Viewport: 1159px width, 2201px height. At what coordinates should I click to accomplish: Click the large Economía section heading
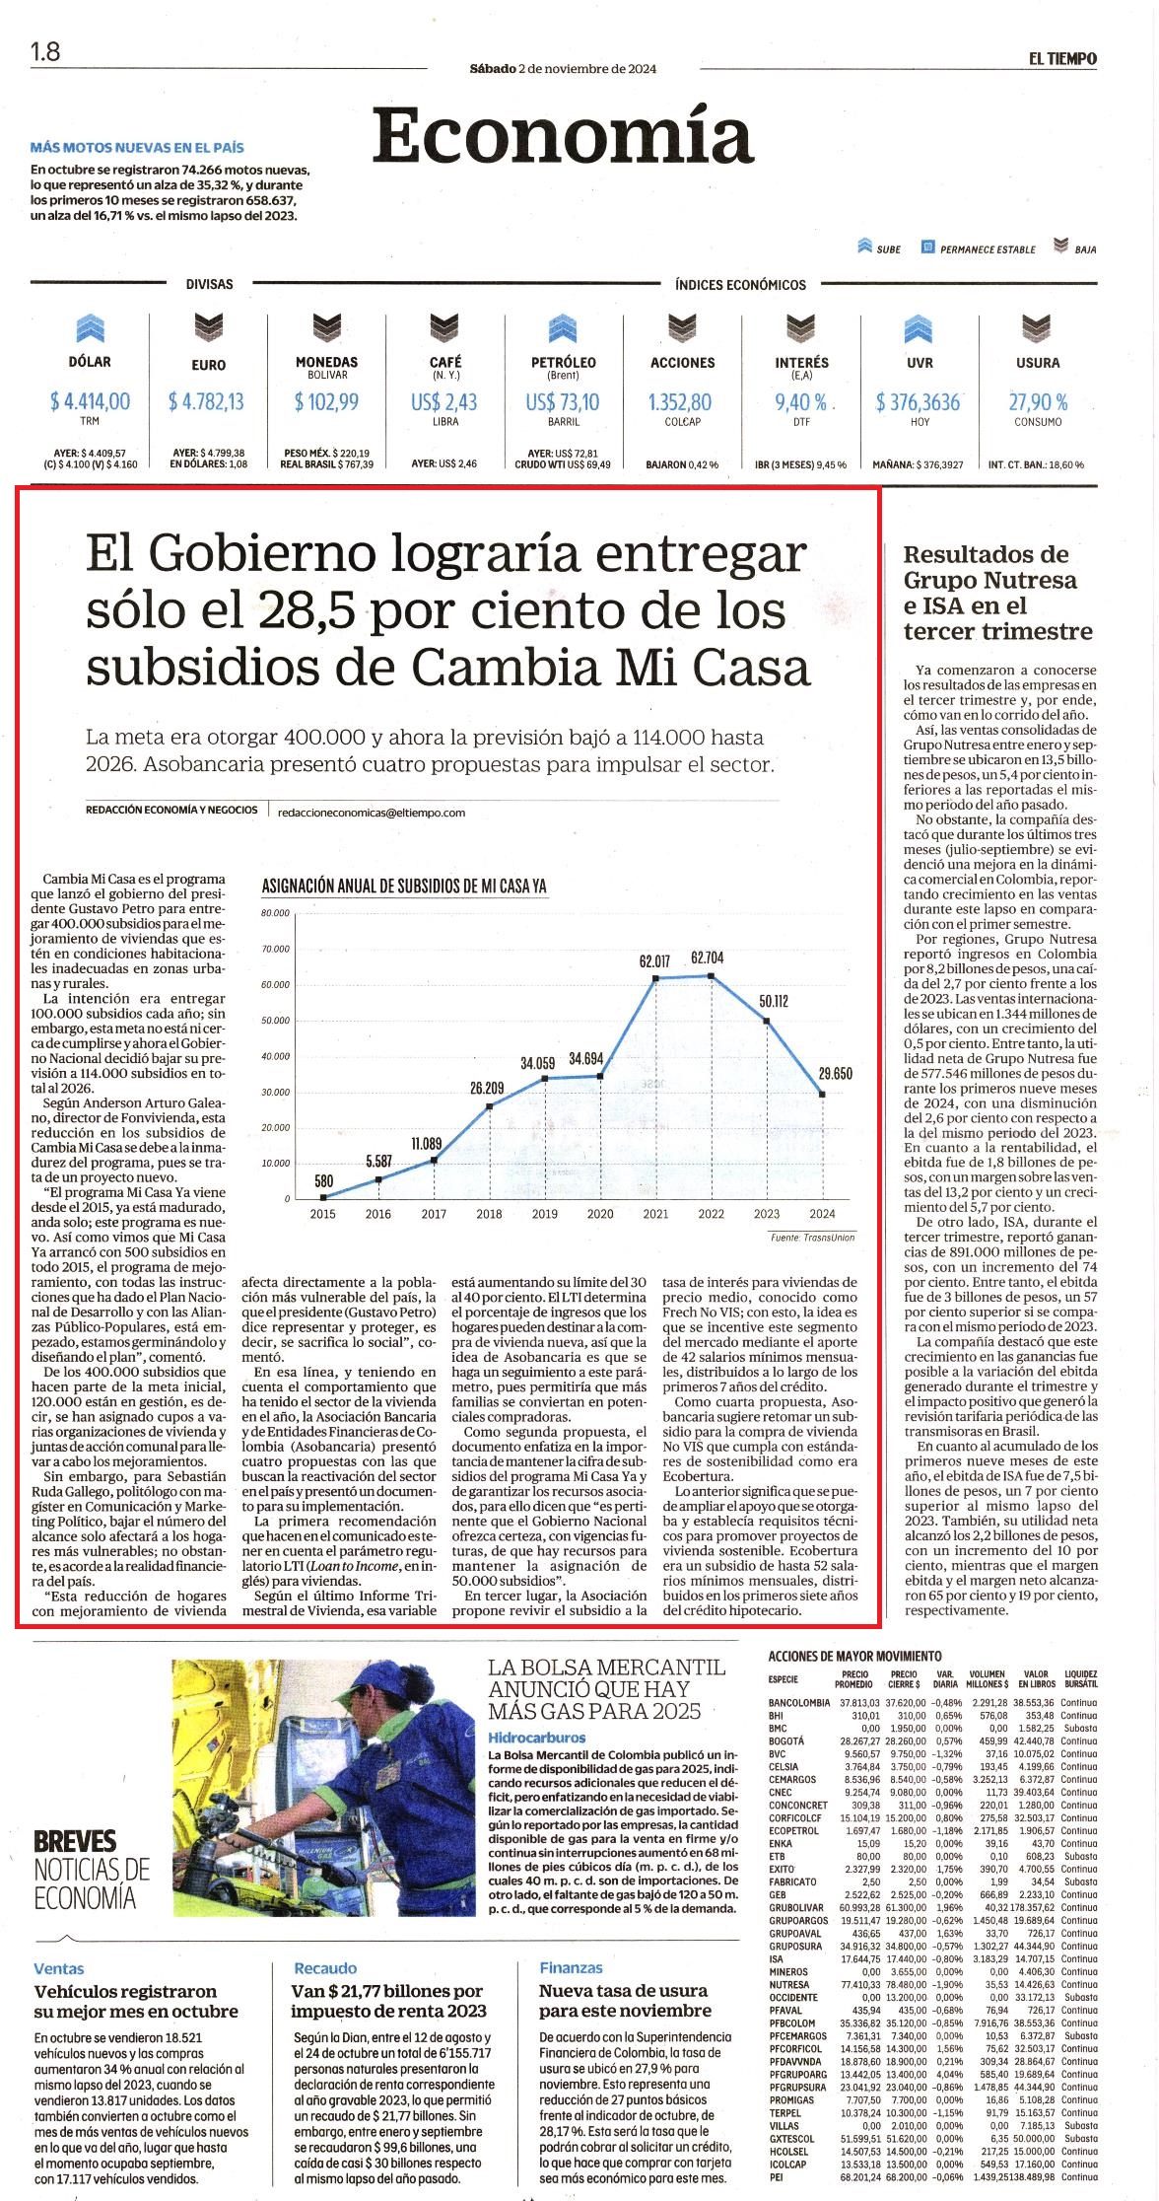563,137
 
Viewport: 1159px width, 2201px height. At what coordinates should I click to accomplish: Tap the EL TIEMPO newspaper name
1062,58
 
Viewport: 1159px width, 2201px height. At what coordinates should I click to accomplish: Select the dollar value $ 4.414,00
90,401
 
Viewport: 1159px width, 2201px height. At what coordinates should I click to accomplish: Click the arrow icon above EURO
208,326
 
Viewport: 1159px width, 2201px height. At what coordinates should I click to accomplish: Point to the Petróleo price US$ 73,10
562,402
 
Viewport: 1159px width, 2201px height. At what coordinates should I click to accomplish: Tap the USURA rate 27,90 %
1038,402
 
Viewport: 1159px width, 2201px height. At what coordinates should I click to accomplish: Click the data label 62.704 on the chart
707,958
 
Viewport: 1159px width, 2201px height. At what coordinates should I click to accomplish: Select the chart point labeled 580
323,1196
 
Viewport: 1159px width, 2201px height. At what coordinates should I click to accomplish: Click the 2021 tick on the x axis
655,1214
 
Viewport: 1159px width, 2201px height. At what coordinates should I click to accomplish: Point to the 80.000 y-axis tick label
276,913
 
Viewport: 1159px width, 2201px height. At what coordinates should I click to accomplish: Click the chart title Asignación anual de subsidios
404,887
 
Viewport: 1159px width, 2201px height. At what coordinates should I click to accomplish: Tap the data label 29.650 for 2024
835,1074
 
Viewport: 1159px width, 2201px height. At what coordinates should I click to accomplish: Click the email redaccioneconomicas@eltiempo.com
372,813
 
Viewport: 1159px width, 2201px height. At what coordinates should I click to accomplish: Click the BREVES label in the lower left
75,1841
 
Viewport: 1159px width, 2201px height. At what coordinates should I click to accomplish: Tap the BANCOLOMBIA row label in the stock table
799,1703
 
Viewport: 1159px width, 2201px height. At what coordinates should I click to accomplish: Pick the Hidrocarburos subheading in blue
537,1738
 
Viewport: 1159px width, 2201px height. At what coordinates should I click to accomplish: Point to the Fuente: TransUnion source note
813,1237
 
